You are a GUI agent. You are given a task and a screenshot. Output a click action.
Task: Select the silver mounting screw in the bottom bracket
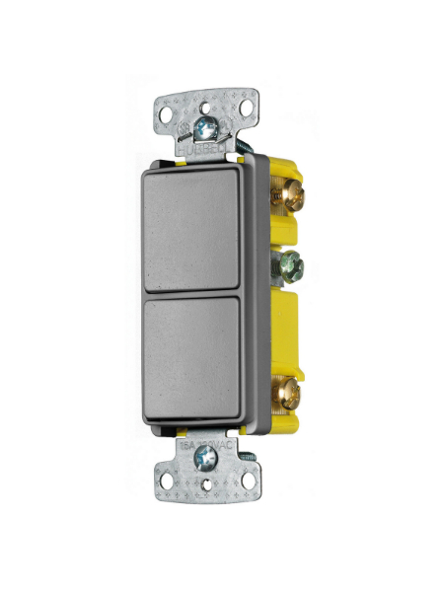click(x=207, y=458)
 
